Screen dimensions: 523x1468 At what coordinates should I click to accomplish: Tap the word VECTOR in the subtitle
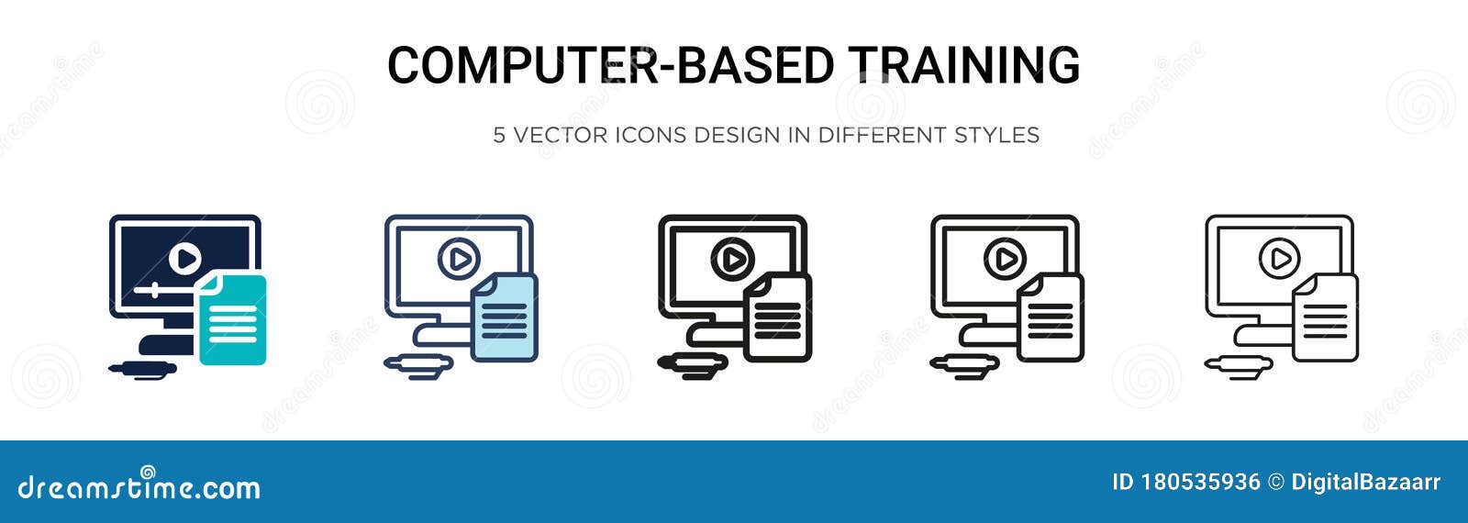click(x=561, y=136)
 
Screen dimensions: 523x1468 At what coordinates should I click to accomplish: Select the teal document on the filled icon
click(x=232, y=320)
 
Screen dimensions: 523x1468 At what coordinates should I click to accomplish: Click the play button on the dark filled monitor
click(x=185, y=259)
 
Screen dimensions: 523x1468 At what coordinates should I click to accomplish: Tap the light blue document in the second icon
click(x=504, y=317)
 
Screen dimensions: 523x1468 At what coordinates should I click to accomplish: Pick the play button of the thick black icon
click(x=731, y=261)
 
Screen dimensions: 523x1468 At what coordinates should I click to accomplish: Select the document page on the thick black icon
click(x=778, y=317)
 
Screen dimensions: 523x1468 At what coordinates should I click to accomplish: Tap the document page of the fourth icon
click(x=1051, y=317)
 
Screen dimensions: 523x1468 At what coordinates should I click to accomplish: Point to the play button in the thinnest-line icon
click(x=1278, y=260)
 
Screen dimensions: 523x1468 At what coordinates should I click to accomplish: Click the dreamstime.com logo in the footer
click(x=139, y=486)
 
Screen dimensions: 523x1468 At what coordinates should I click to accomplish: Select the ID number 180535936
click(x=1201, y=483)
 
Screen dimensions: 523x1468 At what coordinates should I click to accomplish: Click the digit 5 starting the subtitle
click(x=499, y=136)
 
